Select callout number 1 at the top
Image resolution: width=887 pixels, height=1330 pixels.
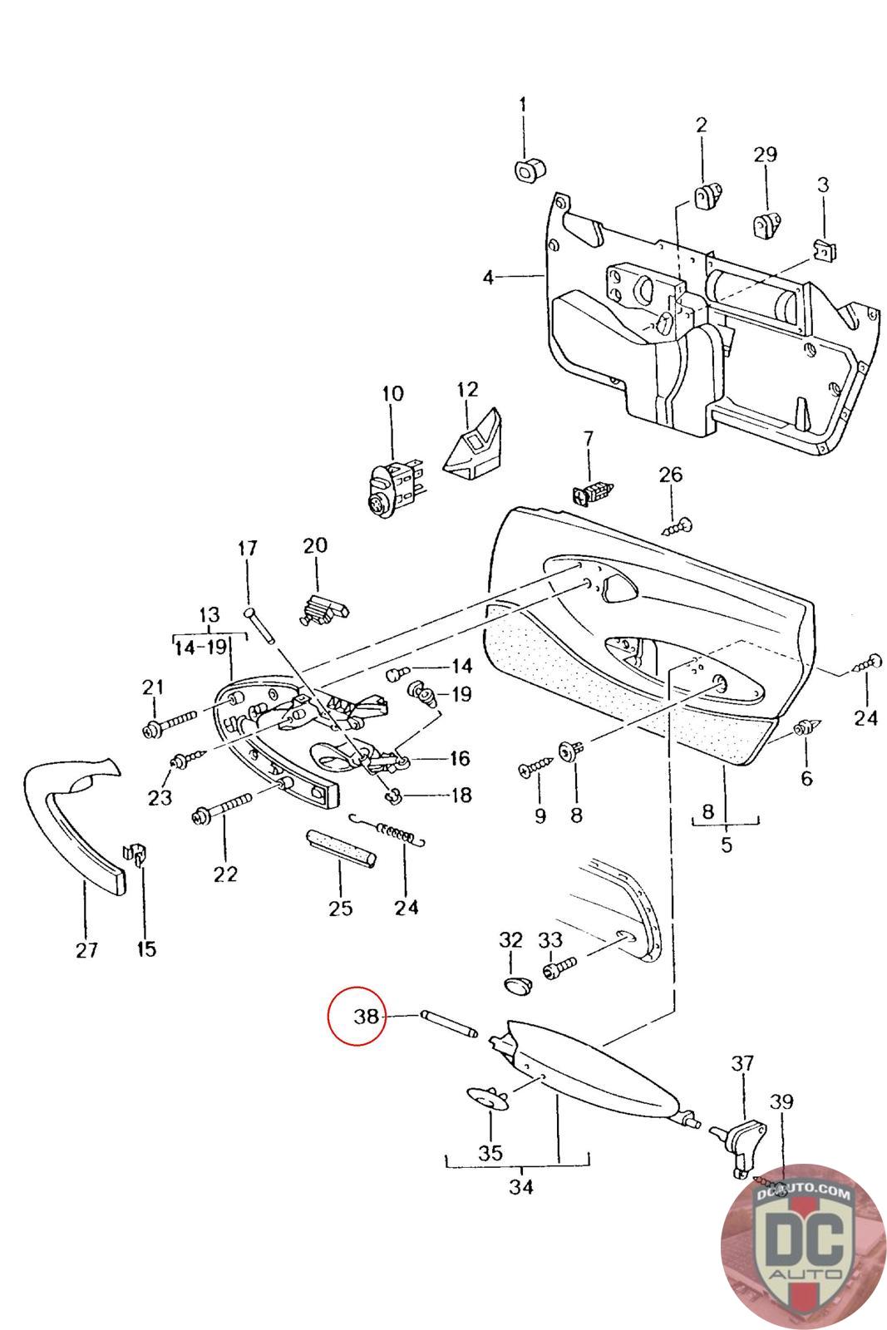click(x=522, y=105)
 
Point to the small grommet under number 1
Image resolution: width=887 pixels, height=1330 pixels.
click(x=529, y=170)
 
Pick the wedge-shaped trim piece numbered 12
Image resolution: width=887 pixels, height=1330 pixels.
click(x=472, y=441)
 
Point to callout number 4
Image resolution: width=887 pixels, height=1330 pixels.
click(x=489, y=277)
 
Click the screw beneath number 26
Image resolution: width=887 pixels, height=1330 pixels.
click(x=677, y=525)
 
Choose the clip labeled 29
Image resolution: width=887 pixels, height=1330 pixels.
click(x=767, y=224)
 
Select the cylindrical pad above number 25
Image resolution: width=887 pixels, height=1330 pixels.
click(x=341, y=849)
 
